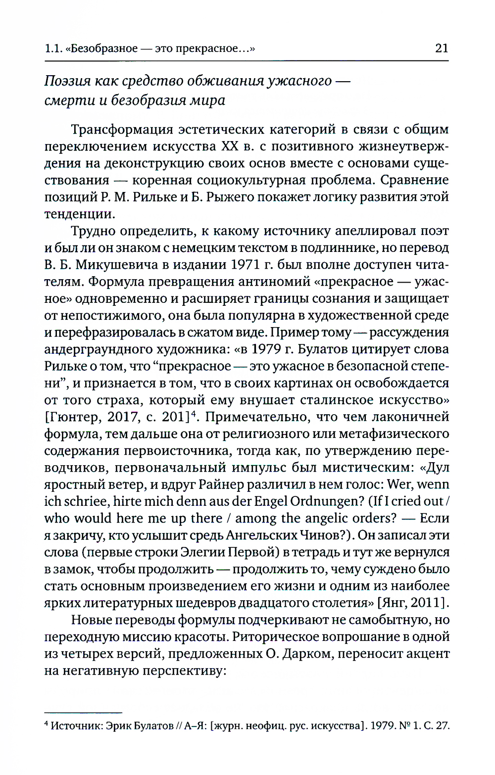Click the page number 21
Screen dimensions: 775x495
[x=441, y=48]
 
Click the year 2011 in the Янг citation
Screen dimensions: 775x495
[x=428, y=603]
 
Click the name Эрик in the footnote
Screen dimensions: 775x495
[x=118, y=726]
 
